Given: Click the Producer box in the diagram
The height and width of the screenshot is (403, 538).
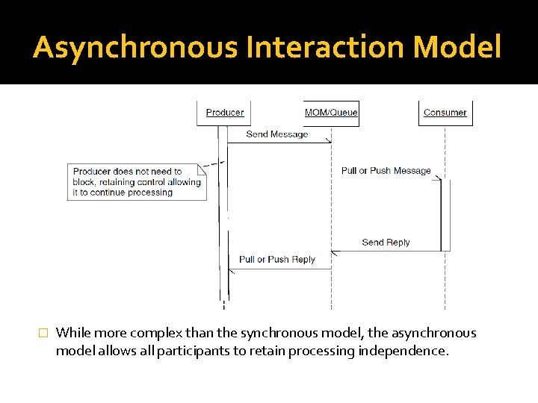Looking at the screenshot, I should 225,113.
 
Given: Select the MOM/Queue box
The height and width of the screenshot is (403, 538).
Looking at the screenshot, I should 331,113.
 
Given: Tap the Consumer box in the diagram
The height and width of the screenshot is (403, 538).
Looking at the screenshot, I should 445,113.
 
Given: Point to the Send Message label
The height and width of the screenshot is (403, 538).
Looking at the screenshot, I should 277,134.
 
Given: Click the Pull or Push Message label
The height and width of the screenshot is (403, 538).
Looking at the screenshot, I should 386,171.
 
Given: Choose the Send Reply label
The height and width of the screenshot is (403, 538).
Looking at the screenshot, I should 386,243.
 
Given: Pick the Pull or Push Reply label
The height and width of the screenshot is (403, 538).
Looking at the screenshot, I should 277,260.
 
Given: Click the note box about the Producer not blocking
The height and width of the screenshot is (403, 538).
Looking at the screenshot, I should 136,181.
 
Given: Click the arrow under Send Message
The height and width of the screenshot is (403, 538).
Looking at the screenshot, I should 279,143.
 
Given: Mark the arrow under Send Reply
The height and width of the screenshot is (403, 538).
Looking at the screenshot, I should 386,252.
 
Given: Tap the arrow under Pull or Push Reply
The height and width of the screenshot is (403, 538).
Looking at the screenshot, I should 279,269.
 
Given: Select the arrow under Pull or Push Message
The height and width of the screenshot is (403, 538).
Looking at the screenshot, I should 386,179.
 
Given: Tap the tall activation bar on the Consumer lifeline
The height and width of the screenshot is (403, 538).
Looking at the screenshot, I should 445,215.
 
